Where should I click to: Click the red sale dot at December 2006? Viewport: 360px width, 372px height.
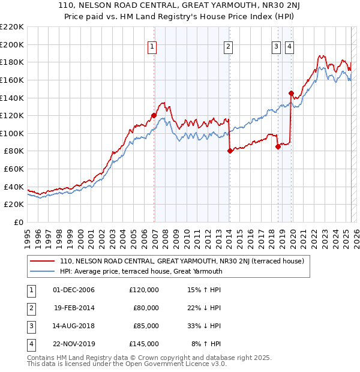tap(154, 115)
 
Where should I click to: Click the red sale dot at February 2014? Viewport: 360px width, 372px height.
tap(230, 151)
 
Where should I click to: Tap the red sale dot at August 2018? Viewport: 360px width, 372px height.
tap(278, 146)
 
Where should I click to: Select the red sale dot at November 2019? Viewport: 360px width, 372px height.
tap(291, 93)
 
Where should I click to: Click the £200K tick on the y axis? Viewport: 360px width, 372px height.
tap(12, 44)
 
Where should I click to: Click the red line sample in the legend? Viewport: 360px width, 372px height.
tap(43, 261)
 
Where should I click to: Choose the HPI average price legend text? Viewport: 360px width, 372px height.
tap(141, 271)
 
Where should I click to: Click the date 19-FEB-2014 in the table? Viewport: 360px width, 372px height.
tap(74, 308)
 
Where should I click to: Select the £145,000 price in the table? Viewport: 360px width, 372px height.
tap(144, 344)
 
